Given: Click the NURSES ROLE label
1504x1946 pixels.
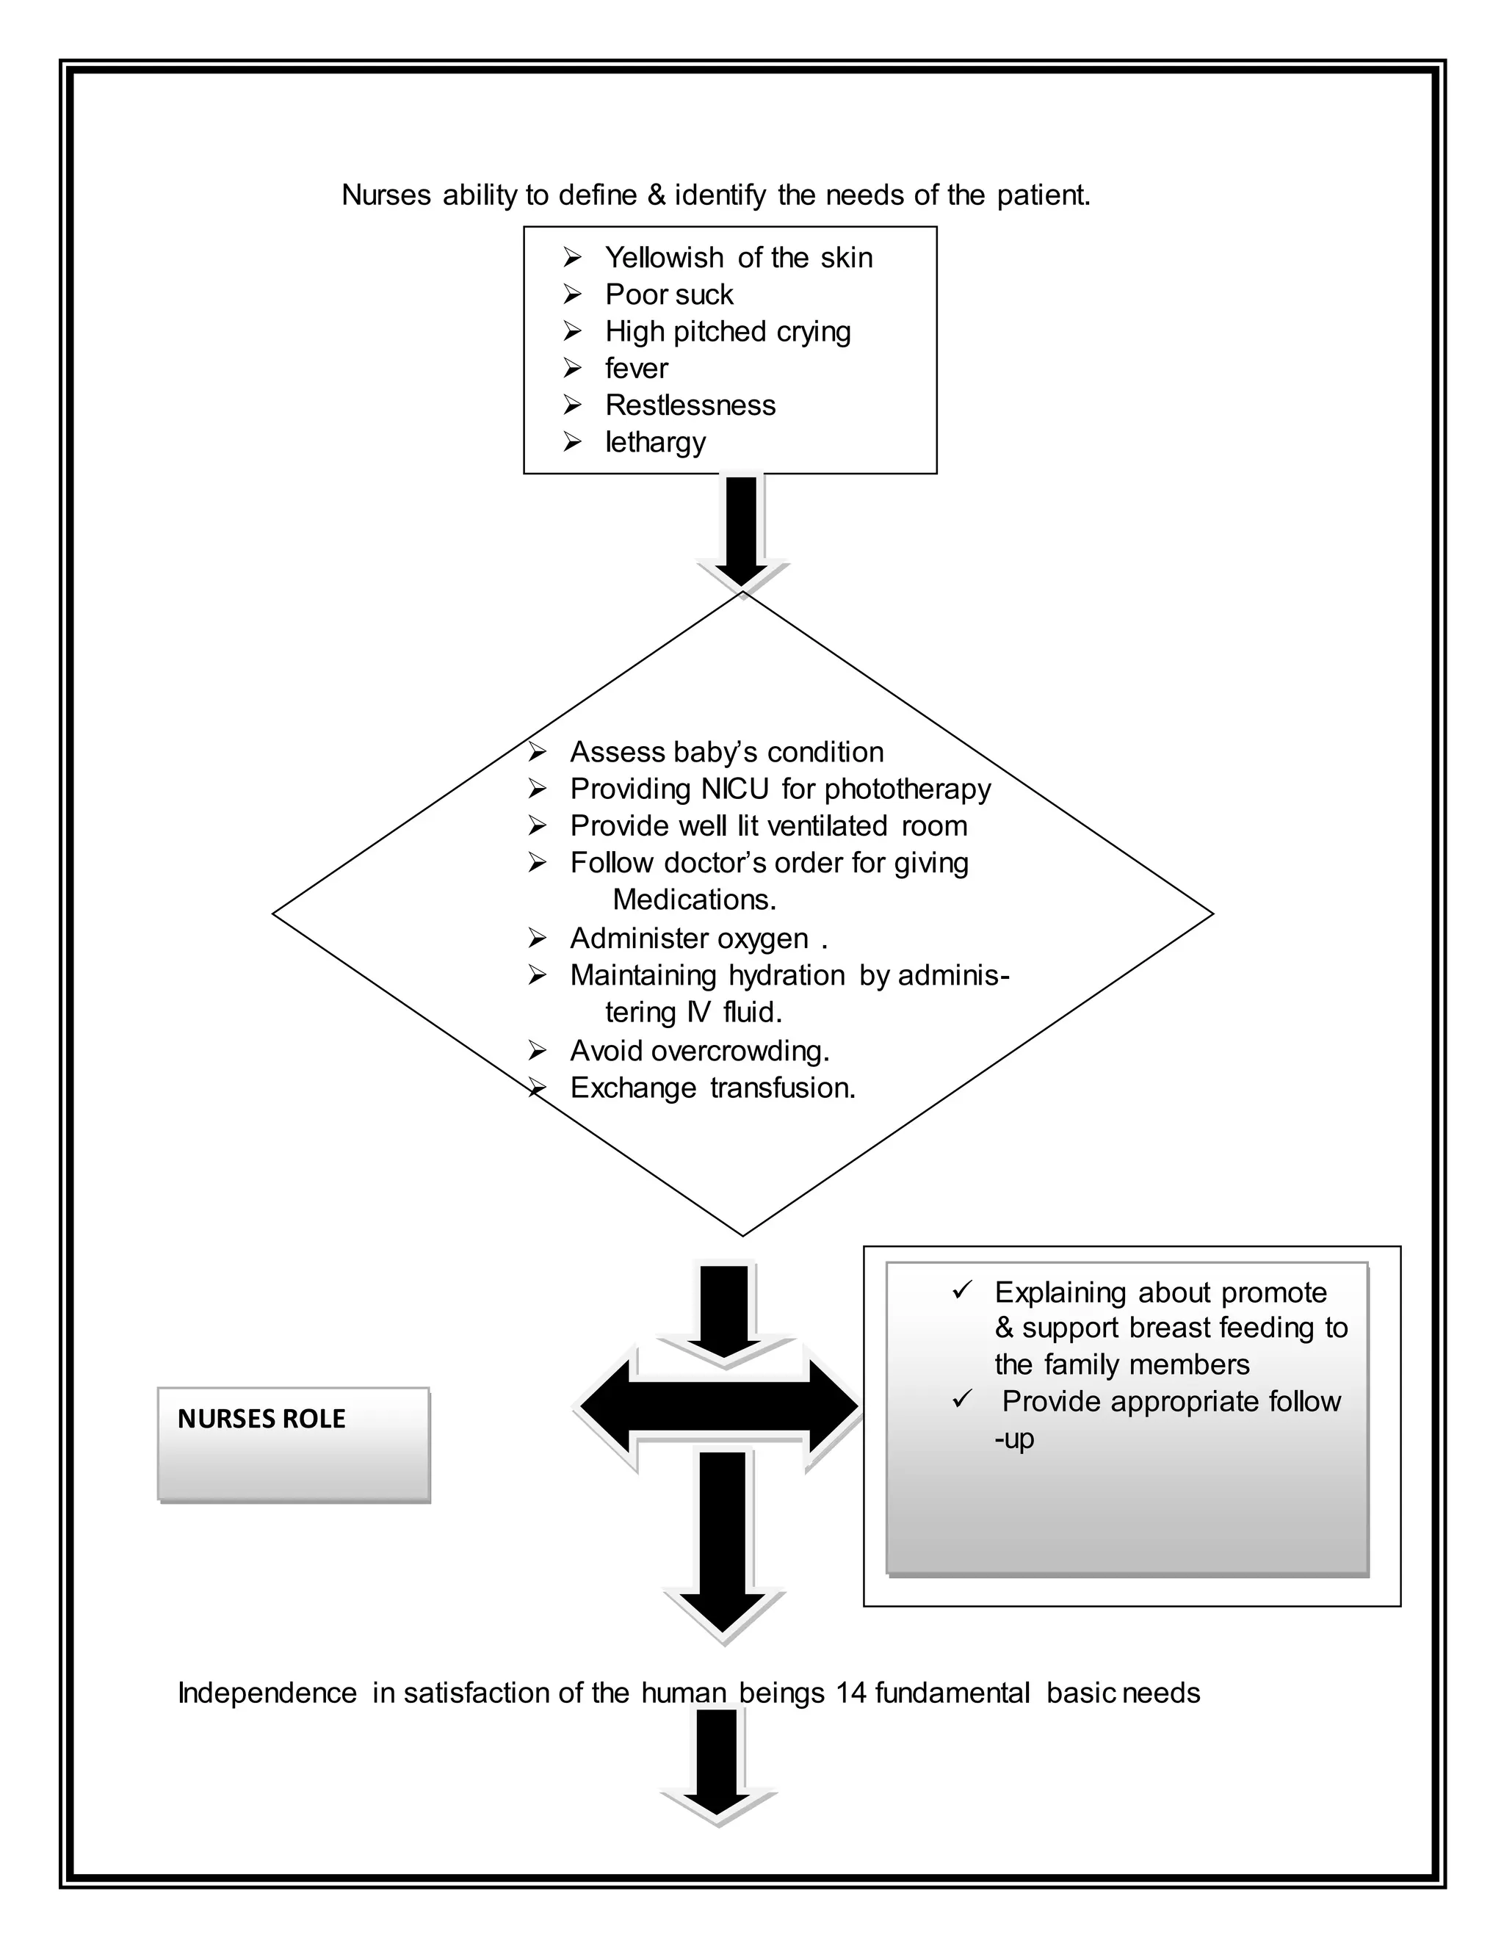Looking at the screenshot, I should [261, 1419].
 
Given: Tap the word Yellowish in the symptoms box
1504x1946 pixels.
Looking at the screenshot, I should [664, 258].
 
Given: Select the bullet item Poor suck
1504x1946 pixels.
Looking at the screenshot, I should [669, 295].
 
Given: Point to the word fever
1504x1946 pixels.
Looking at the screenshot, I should [636, 368].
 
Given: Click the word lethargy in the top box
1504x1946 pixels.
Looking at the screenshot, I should [655, 442].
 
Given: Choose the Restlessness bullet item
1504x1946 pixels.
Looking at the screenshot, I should [690, 405].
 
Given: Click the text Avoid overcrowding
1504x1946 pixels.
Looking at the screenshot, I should [699, 1052].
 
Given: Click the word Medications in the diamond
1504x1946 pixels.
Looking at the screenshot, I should [694, 900].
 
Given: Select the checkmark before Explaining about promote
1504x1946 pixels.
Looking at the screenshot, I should [961, 1290].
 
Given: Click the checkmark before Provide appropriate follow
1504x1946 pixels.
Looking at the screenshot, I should [961, 1400].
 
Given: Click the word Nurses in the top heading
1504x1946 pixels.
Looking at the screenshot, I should [386, 195].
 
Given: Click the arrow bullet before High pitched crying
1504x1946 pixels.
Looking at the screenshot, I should [572, 331].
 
